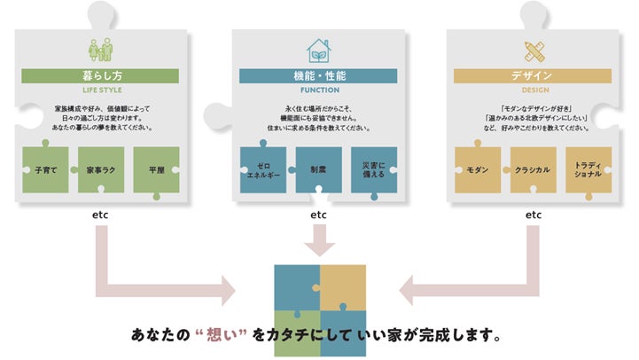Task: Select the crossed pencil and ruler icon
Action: click(x=534, y=50)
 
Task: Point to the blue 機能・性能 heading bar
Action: click(x=318, y=76)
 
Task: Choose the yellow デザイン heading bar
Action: click(x=533, y=76)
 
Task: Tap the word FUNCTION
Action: click(x=318, y=90)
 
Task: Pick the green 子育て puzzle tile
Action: click(x=46, y=168)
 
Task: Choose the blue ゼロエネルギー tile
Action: click(x=264, y=169)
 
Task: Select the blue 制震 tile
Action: click(x=318, y=169)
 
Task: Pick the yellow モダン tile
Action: click(x=478, y=169)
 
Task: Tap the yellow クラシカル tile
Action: click(x=533, y=169)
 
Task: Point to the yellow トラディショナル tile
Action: click(x=588, y=169)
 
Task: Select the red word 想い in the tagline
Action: click(x=214, y=337)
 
